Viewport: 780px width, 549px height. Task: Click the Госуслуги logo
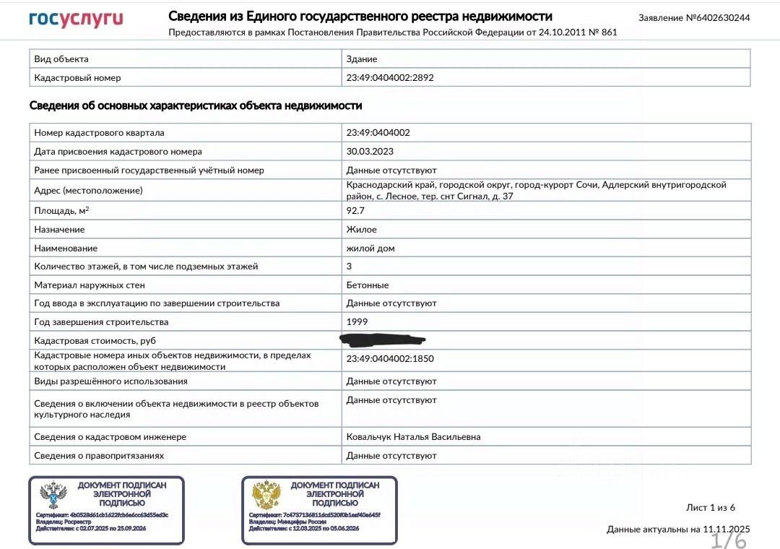[x=76, y=19]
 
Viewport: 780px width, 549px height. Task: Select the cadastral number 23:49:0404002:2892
[x=390, y=77]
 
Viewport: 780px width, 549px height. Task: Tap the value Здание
[x=362, y=59]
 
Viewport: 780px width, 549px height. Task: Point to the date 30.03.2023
[x=370, y=152]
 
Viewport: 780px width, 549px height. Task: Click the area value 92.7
[x=356, y=211]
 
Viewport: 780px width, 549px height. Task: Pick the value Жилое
[x=361, y=230]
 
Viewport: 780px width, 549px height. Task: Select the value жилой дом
[x=370, y=248]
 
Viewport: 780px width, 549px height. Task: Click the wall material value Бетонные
[x=368, y=285]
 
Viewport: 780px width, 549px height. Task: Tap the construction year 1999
[x=357, y=322]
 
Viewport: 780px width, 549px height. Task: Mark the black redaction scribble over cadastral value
[x=383, y=339]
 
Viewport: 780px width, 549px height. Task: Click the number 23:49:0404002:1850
[x=390, y=358]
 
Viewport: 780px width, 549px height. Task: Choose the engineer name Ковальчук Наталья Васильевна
[x=413, y=437]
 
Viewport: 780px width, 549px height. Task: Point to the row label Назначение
[x=59, y=230]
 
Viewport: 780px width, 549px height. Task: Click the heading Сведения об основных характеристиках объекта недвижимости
[x=196, y=106]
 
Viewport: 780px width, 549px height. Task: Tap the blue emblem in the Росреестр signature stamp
[x=53, y=496]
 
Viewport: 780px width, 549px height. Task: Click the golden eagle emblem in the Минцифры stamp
[x=266, y=496]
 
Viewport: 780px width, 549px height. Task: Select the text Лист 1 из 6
[x=711, y=507]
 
